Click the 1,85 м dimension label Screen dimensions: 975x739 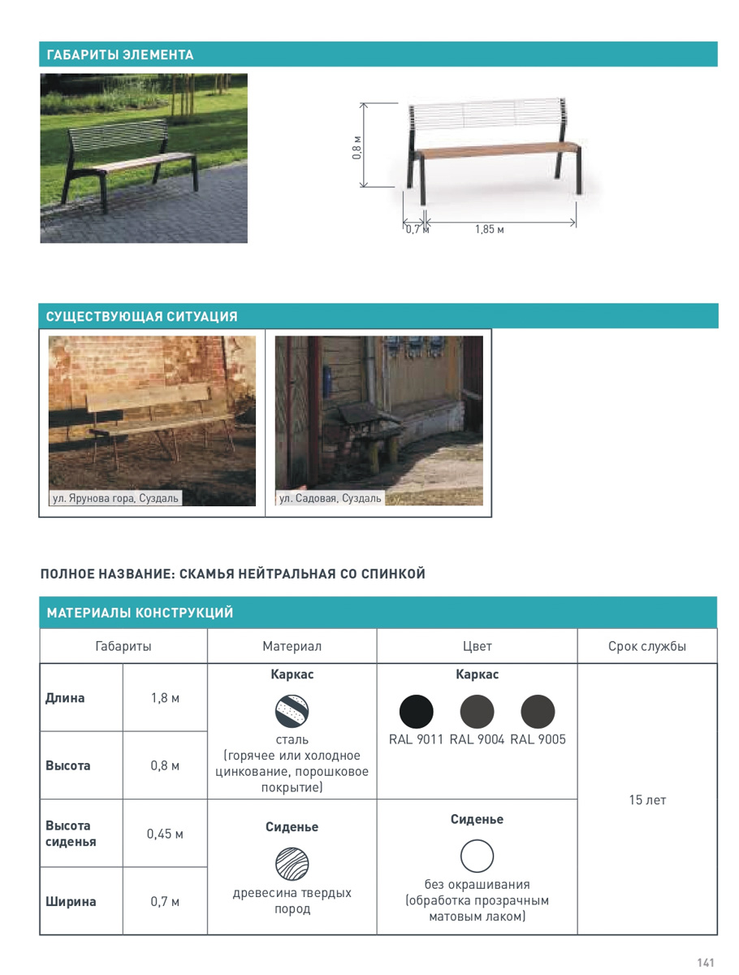coord(490,230)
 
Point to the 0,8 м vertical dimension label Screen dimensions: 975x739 coord(357,147)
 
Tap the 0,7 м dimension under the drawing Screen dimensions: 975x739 coord(416,230)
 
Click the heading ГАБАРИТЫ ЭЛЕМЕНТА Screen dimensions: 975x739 coord(120,55)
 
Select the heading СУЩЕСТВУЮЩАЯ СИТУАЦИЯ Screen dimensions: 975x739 coord(142,317)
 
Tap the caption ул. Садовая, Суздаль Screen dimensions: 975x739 coord(331,498)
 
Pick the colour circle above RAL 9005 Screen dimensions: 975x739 coord(538,713)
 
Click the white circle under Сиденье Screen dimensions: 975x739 coord(477,856)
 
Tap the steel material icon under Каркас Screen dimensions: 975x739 coord(292,711)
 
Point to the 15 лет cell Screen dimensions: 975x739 coord(647,800)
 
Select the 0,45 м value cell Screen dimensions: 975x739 coord(165,834)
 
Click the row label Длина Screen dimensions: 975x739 coord(65,698)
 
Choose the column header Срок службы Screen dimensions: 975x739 coord(647,647)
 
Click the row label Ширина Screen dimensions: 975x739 coord(71,901)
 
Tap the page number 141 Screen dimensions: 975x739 coord(705,963)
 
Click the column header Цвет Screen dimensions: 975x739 coord(477,647)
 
